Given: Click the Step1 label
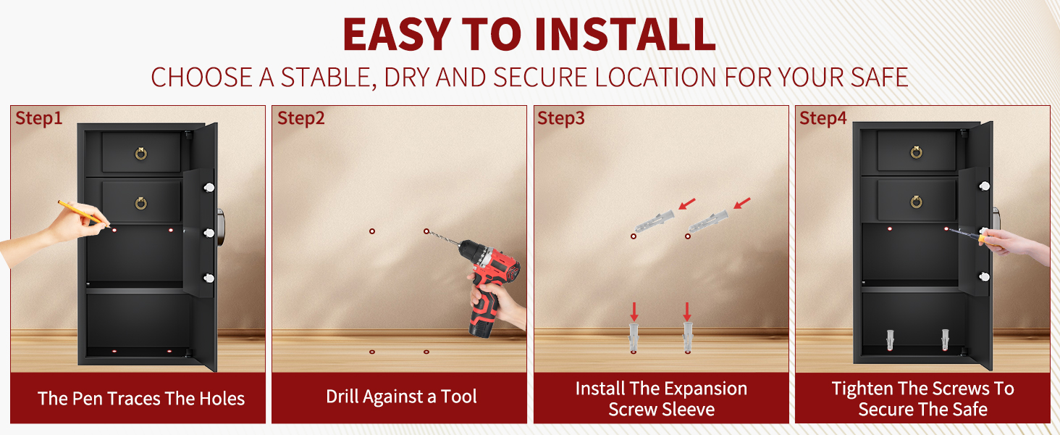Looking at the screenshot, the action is (39, 118).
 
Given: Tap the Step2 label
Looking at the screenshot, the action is (301, 118).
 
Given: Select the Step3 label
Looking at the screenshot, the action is (561, 118).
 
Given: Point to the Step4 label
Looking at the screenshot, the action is (823, 118).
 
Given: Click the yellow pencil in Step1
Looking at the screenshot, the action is (83, 214).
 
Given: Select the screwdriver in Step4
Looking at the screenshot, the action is (974, 236).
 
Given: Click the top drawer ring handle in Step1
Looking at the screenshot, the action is (141, 153).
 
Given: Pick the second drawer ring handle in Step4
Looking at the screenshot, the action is (916, 202).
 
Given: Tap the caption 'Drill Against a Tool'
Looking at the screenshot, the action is (401, 397).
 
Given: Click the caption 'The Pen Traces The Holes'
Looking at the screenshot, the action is (141, 399).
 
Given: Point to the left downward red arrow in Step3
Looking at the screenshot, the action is (634, 312).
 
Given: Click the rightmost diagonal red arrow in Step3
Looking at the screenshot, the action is (742, 203).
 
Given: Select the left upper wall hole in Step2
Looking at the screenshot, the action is (372, 231).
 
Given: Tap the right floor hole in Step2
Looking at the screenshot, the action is (426, 352).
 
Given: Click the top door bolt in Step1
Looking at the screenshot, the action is (209, 188).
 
